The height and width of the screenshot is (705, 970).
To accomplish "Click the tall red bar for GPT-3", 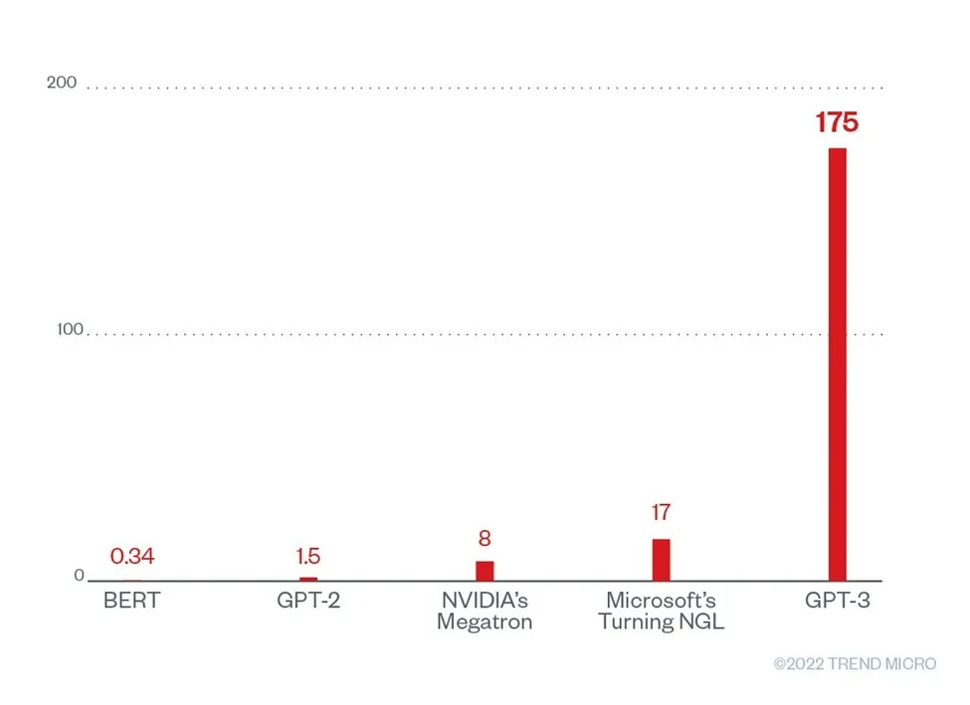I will coord(837,364).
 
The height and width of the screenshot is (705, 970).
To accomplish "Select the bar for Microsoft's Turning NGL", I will coord(662,560).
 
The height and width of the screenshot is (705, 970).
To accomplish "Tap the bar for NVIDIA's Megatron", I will coord(485,571).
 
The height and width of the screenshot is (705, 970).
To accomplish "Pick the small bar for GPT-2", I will coord(308,579).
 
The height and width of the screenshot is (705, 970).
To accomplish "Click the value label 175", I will coord(837,123).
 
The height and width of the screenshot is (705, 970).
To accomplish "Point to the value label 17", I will coord(661,513).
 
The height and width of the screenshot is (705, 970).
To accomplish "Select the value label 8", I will coord(485,539).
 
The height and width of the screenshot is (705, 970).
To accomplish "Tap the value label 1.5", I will coord(308,557).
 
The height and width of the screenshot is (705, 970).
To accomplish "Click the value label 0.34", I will coord(131,557).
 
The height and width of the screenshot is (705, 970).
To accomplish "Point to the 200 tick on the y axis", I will coord(62,83).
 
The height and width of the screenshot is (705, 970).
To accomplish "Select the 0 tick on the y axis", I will coord(79,576).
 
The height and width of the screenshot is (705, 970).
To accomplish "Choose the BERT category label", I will coord(131,602).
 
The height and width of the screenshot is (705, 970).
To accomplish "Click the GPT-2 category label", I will coord(308,602).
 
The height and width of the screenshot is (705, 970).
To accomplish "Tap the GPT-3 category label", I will coord(838,602).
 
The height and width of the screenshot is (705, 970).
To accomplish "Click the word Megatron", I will coord(485,623).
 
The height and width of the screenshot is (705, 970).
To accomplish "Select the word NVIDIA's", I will coord(485,602).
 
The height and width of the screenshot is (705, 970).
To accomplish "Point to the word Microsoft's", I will coord(661,602).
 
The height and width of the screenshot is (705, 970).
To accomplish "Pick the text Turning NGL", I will coord(661,623).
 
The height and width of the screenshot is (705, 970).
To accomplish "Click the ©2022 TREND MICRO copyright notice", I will coord(855,664).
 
